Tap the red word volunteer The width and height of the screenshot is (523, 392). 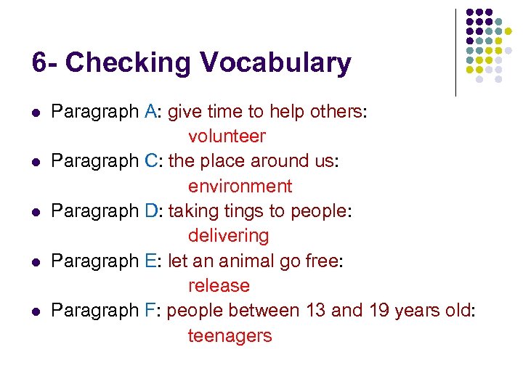click(227, 136)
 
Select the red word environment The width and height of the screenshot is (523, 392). click(240, 187)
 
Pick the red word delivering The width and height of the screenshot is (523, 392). click(228, 236)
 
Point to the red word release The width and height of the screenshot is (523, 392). click(219, 286)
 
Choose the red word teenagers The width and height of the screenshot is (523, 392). click(230, 336)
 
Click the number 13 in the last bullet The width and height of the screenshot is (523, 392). click(315, 311)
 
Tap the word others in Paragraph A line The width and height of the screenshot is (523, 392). click(340, 112)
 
